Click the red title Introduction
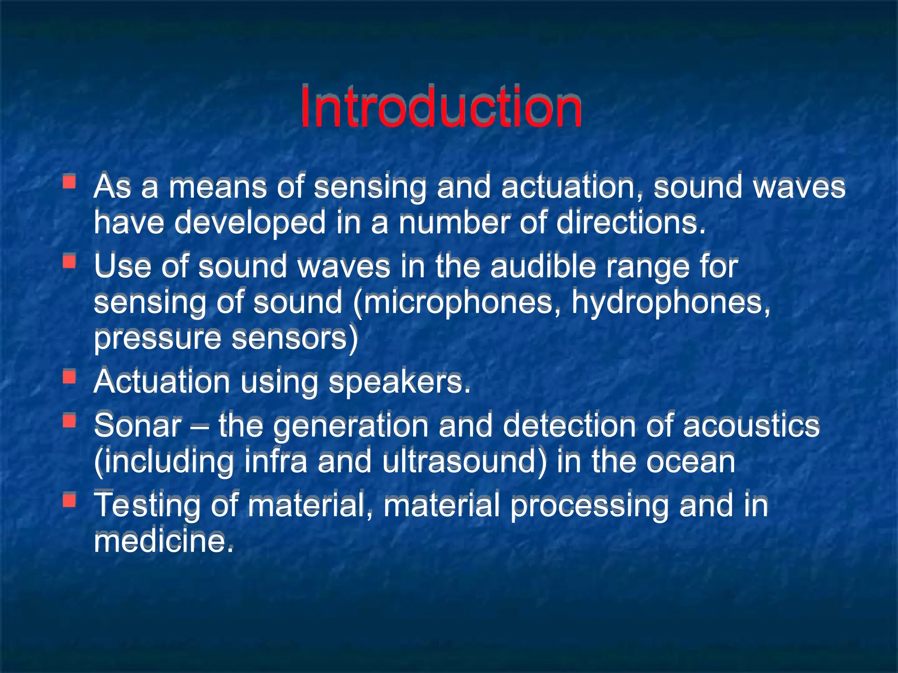coord(441,107)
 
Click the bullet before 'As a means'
coord(69,181)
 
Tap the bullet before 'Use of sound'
coord(69,262)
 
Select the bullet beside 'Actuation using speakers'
coord(69,377)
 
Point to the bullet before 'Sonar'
coord(69,421)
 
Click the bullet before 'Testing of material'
coord(69,500)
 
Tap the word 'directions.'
coord(631,223)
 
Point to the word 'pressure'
coord(157,339)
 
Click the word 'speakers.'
coord(399,382)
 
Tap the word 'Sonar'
coord(138,426)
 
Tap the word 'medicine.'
coord(164,542)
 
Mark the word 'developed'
coord(250,223)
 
